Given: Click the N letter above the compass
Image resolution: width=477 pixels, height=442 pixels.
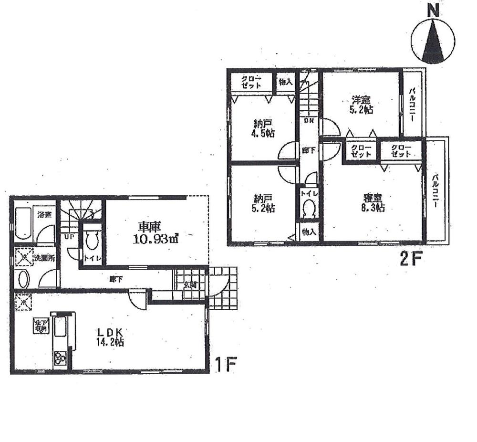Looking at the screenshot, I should pos(433,11).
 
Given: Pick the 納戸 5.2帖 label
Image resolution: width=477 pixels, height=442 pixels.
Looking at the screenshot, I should pos(263,203).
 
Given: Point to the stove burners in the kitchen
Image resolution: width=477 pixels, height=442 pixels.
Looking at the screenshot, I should pos(61,357).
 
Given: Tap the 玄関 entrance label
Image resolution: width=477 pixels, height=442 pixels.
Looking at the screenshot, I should pos(189,285).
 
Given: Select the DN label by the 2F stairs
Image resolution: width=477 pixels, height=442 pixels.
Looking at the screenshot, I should pos(309,121).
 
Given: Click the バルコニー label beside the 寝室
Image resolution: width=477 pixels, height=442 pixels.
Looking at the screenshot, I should pos(436,191).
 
